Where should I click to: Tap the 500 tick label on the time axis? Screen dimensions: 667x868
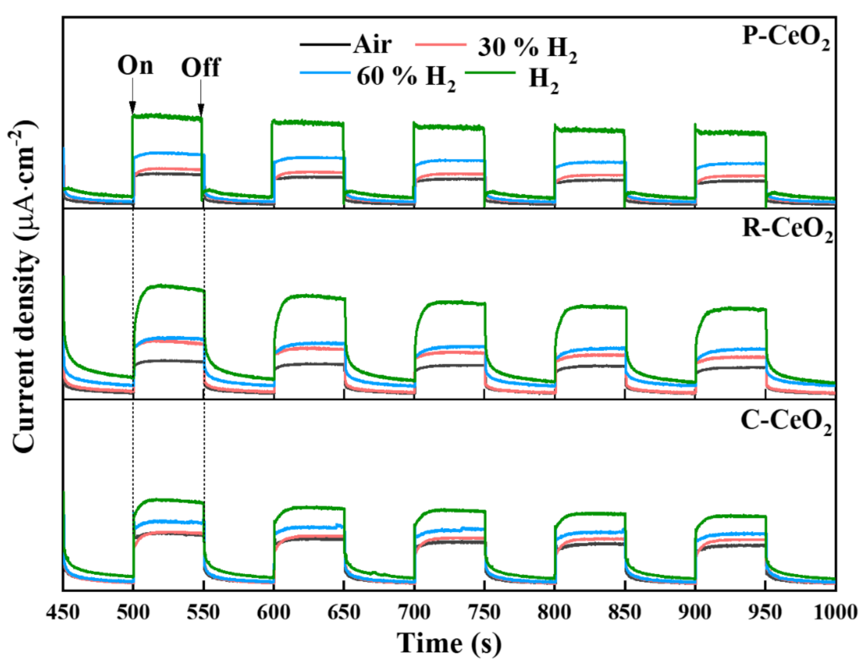point(133,612)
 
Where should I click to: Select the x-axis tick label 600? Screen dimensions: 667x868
point(273,612)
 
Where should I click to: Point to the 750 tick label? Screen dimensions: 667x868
point(484,612)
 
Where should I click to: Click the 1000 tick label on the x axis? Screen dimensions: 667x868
point(835,612)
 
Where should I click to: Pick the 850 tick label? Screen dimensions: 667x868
point(625,612)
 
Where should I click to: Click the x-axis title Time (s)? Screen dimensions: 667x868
point(449,643)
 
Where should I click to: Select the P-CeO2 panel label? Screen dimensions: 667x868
point(785,37)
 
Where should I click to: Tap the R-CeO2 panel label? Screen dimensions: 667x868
point(787,229)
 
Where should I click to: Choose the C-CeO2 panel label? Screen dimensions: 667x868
point(785,422)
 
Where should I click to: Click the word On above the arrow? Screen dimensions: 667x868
point(135,65)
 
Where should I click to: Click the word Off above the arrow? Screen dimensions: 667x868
point(200,68)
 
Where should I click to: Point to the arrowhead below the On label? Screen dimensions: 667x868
point(133,108)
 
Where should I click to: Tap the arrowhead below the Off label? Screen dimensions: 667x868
point(200,109)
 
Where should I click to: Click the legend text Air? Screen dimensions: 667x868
point(372,44)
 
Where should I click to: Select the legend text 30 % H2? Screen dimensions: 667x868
point(527,48)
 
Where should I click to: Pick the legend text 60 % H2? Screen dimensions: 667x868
point(406,77)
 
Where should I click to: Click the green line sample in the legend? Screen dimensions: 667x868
point(490,73)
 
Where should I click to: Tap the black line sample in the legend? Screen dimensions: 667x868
point(325,44)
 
